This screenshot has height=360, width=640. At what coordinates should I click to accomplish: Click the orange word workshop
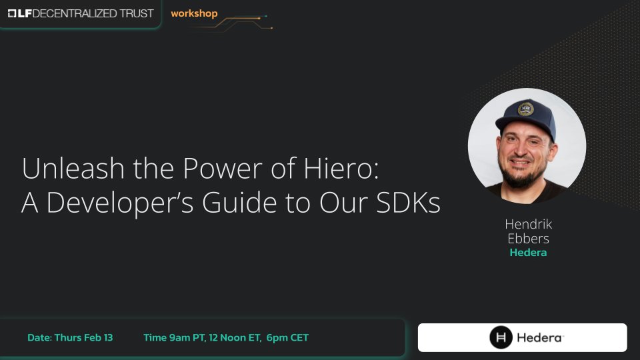click(x=194, y=13)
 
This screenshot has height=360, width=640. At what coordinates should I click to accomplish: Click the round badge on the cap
click(x=526, y=109)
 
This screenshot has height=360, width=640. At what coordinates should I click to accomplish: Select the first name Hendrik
click(x=528, y=224)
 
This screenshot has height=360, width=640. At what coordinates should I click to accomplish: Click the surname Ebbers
click(x=528, y=239)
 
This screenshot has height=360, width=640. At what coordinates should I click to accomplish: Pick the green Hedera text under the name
click(x=528, y=253)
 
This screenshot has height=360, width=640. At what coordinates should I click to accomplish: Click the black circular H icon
click(x=501, y=337)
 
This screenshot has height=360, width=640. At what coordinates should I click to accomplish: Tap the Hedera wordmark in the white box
click(x=540, y=337)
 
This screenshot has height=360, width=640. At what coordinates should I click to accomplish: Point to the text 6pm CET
click(x=287, y=337)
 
